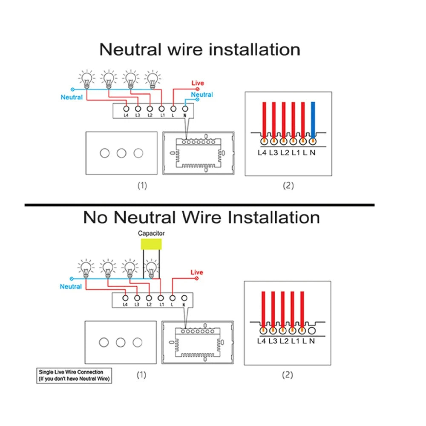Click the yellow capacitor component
pos(151,244)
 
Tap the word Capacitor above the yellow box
pos(151,233)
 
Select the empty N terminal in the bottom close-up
pos(312,329)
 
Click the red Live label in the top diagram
pos(198,83)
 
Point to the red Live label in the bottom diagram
pos(197,272)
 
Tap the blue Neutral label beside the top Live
pos(202,95)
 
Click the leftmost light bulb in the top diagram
pos(87,78)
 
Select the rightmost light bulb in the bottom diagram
pos(152,268)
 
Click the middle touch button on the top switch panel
pos(121,153)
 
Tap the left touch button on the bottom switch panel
pos(104,342)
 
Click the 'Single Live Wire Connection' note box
pos(75,375)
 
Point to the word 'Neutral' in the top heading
pos(130,49)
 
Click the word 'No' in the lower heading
pos(96,217)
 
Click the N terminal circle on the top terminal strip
pos(185,108)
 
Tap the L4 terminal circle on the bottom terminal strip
pos(125,298)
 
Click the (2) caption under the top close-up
pos(288,185)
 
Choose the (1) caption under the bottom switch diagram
pos(141,375)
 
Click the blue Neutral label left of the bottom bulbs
pos(71,286)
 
